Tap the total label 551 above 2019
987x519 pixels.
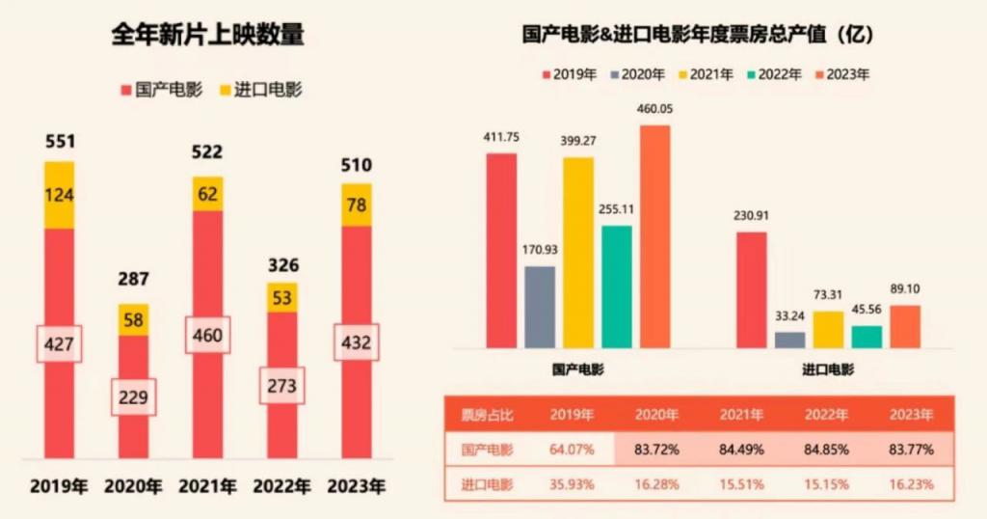60,142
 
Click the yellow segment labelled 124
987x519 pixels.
60,195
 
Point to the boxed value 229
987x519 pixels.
133,396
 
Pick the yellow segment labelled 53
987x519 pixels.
282,297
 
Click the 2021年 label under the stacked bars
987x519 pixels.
207,485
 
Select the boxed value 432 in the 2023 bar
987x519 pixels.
357,342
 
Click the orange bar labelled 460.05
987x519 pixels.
654,236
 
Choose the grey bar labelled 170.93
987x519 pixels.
540,307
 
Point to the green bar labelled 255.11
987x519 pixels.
617,287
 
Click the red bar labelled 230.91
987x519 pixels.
752,289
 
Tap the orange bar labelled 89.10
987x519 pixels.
905,326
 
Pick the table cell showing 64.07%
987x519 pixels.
572,450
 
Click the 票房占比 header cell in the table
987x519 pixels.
487,415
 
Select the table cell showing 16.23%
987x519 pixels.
911,484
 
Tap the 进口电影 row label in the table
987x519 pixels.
487,484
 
